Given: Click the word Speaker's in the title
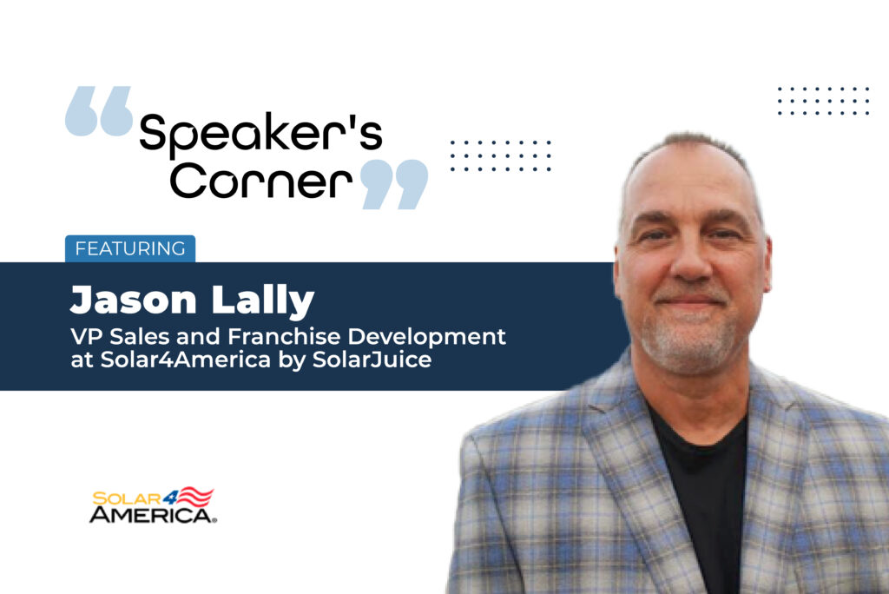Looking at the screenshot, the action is tap(260, 134).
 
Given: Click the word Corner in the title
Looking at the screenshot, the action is tap(260, 181).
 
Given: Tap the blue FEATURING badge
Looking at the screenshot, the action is tap(130, 248).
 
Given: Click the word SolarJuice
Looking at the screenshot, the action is tap(372, 360).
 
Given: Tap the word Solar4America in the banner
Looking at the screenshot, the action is tap(186, 360).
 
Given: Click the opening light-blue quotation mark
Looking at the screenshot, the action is tap(99, 111).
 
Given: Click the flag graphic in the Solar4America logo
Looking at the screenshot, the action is tap(196, 497).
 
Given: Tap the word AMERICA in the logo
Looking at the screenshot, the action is tap(151, 515).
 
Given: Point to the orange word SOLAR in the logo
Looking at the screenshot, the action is tap(127, 498).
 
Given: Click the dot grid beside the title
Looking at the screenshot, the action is tap(501, 155).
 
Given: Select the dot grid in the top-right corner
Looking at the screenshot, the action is tap(823, 101).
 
